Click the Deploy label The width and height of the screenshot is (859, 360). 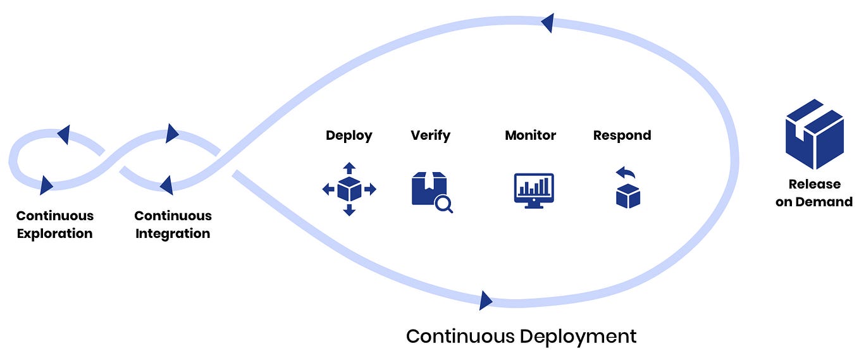click(349, 135)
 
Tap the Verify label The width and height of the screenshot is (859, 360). click(430, 135)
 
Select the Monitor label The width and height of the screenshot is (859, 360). click(530, 135)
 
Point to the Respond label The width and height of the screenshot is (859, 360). click(622, 135)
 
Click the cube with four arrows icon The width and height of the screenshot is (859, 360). click(349, 189)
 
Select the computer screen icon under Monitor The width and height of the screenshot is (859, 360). click(533, 189)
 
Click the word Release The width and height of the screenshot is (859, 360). click(814, 184)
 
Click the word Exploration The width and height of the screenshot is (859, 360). click(54, 233)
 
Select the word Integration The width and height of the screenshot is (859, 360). click(173, 233)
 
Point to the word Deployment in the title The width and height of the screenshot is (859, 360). click(578, 336)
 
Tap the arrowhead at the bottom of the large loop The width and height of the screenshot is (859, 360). click(485, 300)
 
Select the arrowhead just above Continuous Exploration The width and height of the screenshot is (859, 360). click(46, 185)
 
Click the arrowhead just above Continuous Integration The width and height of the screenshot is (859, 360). click(166, 185)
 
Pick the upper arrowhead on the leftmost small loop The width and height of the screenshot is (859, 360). click(63, 134)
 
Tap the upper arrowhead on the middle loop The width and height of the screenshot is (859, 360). click(171, 133)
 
